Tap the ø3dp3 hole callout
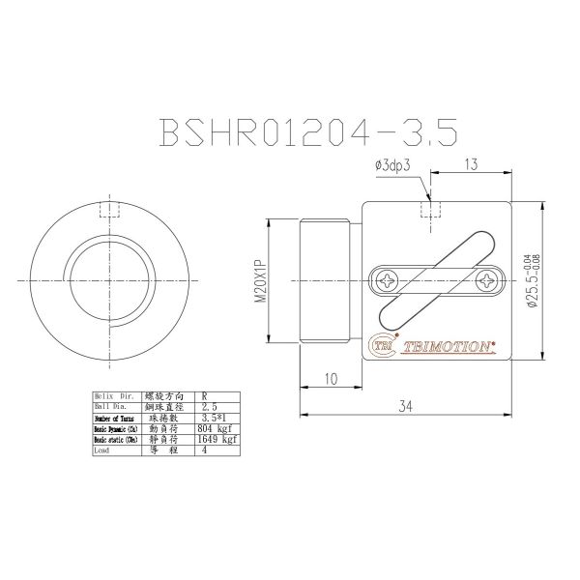[393, 167]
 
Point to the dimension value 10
[331, 380]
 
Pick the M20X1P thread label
[260, 281]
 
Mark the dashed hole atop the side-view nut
[430, 210]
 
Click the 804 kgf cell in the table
[212, 426]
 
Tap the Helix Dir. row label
[111, 395]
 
